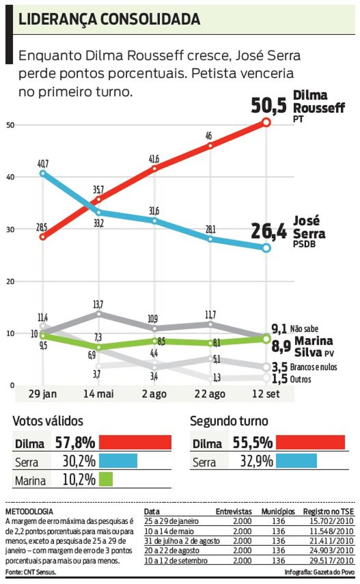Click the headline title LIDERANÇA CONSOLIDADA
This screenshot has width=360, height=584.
pyautogui.click(x=109, y=20)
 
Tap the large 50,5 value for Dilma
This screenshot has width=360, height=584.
pyautogui.click(x=268, y=105)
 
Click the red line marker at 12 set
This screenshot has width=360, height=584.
pyautogui.click(x=266, y=122)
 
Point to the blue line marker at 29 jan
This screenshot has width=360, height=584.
pyautogui.click(x=43, y=173)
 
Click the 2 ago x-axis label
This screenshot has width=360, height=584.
pyautogui.click(x=154, y=394)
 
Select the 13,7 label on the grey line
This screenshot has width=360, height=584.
pyautogui.click(x=99, y=304)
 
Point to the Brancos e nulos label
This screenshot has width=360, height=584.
pyautogui.click(x=314, y=367)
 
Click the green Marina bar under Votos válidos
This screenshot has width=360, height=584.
pyautogui.click(x=106, y=480)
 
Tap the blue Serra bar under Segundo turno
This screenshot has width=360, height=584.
pyautogui.click(x=296, y=461)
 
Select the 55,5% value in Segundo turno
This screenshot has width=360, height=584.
pyautogui.click(x=254, y=442)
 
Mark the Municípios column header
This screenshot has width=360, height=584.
pyautogui.click(x=278, y=512)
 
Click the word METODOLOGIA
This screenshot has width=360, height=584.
pyautogui.click(x=29, y=511)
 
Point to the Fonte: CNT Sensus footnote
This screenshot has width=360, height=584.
pyautogui.click(x=30, y=572)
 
